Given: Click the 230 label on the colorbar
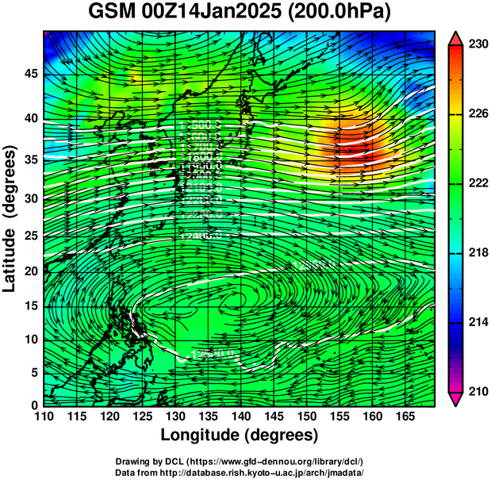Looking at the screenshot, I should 478,44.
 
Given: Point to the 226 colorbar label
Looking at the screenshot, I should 478,114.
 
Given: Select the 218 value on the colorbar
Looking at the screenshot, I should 478,252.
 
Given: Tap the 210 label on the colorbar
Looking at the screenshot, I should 478,390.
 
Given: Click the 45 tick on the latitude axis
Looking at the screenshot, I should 29,75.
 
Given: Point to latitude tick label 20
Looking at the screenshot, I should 29,271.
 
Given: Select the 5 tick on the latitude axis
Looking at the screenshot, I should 34,372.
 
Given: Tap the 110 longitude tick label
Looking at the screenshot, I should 44,417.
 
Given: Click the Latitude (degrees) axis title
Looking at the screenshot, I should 11,218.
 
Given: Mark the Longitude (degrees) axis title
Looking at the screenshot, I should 240,435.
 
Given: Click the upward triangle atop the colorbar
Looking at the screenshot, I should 455,37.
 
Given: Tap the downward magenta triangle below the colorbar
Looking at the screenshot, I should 455,399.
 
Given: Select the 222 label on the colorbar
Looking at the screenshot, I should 478,183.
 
